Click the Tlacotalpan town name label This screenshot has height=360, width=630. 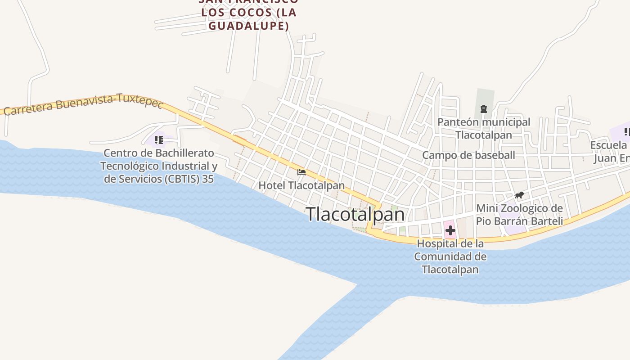point(355,214)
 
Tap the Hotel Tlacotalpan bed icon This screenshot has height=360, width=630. point(301,172)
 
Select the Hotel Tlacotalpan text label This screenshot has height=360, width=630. point(301,185)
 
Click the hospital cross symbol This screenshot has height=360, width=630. point(450,231)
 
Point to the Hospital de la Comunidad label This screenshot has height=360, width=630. point(450,256)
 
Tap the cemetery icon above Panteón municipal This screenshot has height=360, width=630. point(484,109)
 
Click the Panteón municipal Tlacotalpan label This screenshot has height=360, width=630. point(484,128)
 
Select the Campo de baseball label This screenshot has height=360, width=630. point(468,155)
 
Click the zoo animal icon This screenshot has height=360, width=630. point(519,195)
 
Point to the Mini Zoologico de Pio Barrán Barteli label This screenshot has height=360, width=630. point(519,215)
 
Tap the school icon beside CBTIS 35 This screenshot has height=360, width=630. point(158,140)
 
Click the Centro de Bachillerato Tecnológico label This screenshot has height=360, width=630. point(158,153)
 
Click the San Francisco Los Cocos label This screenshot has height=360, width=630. point(248,12)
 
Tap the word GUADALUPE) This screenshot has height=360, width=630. point(248,26)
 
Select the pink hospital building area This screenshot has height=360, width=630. point(450,225)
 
